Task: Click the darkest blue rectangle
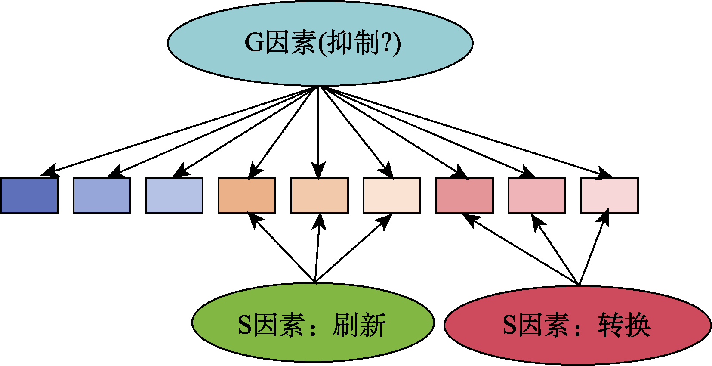click(x=29, y=195)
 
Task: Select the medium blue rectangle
click(x=102, y=195)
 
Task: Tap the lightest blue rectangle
click(x=174, y=195)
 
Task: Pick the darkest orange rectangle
click(x=247, y=195)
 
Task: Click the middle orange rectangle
click(x=319, y=195)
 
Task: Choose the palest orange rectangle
click(x=392, y=195)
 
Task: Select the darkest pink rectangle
click(x=465, y=195)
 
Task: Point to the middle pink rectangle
click(x=537, y=195)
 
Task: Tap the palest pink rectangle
click(x=610, y=195)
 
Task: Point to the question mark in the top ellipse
click(x=386, y=43)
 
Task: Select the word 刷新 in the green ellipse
click(x=360, y=325)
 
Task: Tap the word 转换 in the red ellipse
click(x=624, y=325)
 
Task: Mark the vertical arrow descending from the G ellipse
click(x=319, y=129)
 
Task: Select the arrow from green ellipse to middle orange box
click(x=317, y=250)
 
